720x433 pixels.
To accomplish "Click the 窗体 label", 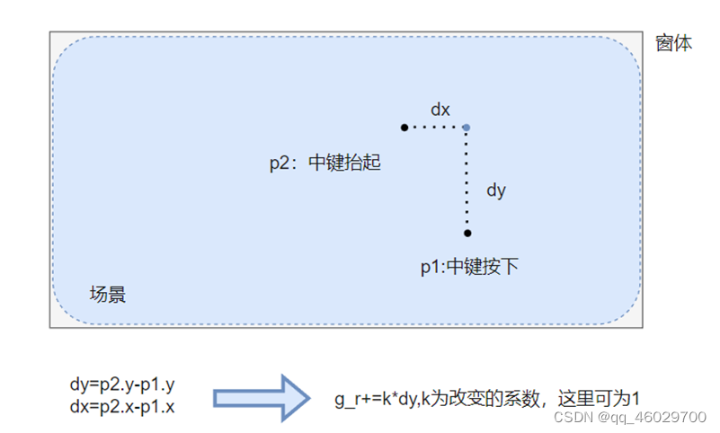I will pyautogui.click(x=673, y=42).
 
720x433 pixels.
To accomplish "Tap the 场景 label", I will pyautogui.click(x=108, y=294).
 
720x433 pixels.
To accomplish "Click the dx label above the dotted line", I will pyautogui.click(x=440, y=110).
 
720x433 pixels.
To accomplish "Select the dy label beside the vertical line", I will pyautogui.click(x=495, y=190).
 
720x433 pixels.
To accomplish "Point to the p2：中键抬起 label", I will pyautogui.click(x=325, y=163).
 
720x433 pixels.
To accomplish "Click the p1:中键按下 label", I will pyautogui.click(x=469, y=267).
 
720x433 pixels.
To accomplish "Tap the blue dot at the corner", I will pyautogui.click(x=466, y=128).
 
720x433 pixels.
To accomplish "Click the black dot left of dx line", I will pyautogui.click(x=404, y=128).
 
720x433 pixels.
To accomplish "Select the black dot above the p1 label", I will pyautogui.click(x=467, y=234).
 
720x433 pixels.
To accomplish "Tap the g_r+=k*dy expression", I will pyautogui.click(x=371, y=396).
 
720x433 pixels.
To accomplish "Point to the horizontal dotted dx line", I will pyautogui.click(x=435, y=128).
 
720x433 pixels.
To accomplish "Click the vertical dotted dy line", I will pyautogui.click(x=467, y=180).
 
